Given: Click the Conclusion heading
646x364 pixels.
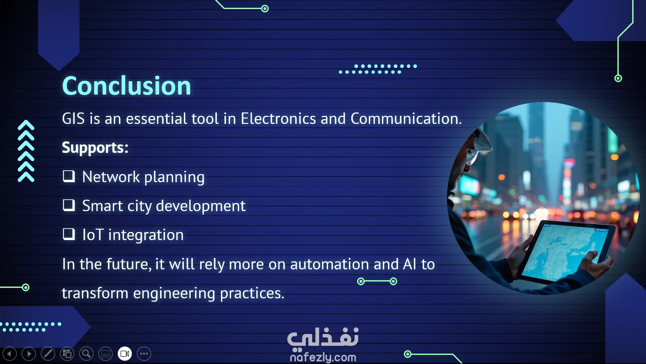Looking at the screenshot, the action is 126,86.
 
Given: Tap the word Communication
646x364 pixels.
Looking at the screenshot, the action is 406,119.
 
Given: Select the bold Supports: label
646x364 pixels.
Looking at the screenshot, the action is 95,148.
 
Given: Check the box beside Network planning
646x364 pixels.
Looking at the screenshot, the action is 69,176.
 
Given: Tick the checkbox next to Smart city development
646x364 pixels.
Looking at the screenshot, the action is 69,205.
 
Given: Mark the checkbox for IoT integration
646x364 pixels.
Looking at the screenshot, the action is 69,234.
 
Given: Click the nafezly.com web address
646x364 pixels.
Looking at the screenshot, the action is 323,357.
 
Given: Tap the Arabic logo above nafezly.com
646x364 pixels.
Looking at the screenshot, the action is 323,338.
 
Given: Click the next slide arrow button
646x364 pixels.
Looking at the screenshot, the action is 29,354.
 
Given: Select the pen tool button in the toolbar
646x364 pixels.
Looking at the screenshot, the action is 48,354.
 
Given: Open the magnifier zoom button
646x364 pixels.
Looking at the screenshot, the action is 86,354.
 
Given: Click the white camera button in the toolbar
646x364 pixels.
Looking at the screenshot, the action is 125,354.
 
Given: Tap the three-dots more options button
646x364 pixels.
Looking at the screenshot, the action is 144,354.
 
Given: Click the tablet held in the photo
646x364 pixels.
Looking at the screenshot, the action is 566,251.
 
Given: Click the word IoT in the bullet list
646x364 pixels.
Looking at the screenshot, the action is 93,235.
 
